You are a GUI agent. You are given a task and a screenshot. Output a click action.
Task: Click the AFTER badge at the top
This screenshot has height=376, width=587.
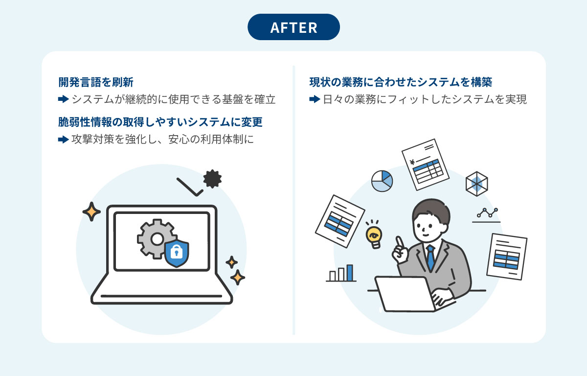pyautogui.click(x=293, y=27)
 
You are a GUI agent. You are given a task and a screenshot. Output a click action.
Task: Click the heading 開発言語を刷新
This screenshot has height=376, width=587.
pyautogui.click(x=96, y=82)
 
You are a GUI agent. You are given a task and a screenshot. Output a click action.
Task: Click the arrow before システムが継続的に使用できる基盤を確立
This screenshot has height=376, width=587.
pyautogui.click(x=63, y=100)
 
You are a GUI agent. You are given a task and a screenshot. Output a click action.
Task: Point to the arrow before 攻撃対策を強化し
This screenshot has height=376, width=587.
pyautogui.click(x=63, y=140)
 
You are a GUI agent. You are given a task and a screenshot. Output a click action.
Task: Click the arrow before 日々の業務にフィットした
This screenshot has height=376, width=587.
pyautogui.click(x=315, y=100)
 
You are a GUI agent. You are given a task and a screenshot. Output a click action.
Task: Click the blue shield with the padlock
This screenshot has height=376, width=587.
pyautogui.click(x=177, y=253)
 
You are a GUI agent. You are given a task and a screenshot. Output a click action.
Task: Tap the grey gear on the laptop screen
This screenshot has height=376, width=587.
pyautogui.click(x=156, y=239)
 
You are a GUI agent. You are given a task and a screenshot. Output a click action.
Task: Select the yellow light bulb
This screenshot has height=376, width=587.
pyautogui.click(x=374, y=234)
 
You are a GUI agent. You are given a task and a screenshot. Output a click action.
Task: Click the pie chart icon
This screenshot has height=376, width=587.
pyautogui.click(x=382, y=181)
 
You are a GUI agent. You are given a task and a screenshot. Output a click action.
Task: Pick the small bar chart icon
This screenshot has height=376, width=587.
pyautogui.click(x=341, y=273)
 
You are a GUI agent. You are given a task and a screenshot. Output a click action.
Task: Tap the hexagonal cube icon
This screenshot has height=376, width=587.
pyautogui.click(x=476, y=184)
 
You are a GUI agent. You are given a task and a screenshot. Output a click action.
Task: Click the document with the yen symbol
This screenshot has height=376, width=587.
pyautogui.click(x=425, y=164)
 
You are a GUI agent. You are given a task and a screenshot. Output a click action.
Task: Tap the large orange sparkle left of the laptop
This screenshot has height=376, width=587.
pyautogui.click(x=91, y=211)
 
